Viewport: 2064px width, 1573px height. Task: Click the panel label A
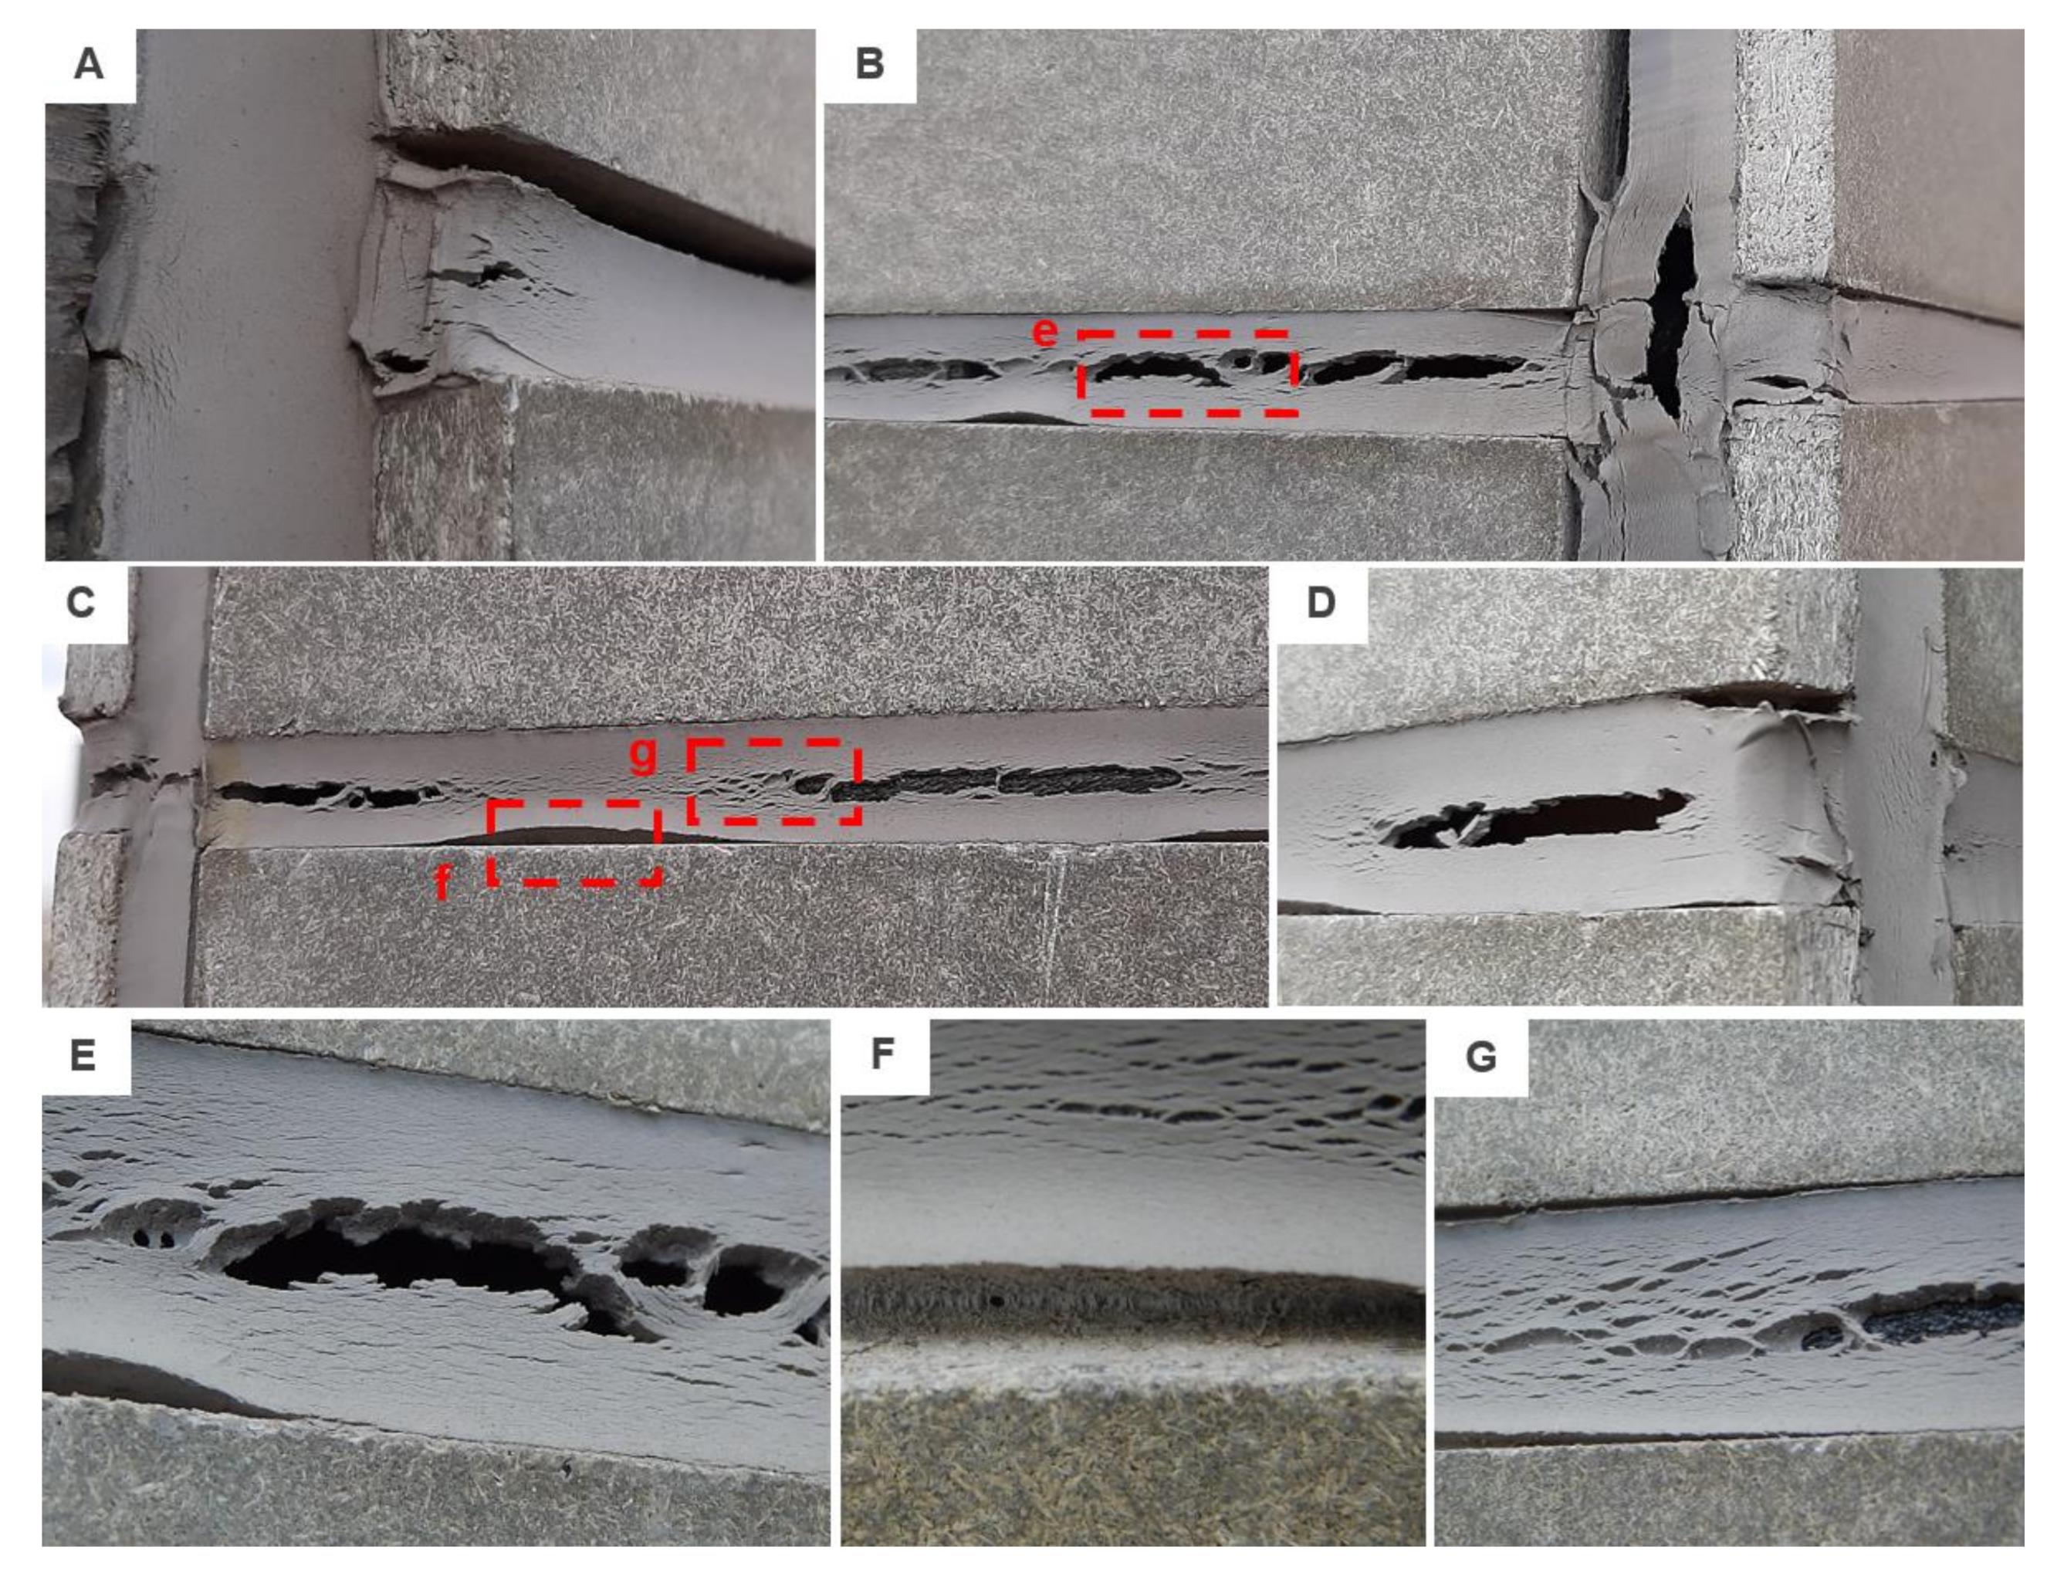click(89, 66)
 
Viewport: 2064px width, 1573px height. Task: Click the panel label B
click(870, 66)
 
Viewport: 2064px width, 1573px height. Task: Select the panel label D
click(1321, 602)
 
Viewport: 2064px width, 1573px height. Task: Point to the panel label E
click(83, 1054)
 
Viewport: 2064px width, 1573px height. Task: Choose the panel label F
click(882, 1054)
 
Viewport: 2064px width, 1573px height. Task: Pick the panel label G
click(1480, 1056)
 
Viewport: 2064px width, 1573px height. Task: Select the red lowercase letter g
click(642, 754)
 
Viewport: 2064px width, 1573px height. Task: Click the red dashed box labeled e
click(1187, 372)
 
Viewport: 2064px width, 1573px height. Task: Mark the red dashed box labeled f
click(574, 843)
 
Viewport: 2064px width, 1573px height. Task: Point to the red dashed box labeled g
click(773, 782)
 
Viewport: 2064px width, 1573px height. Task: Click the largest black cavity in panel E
click(394, 1260)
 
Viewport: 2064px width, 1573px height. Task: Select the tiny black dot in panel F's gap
click(996, 1301)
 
